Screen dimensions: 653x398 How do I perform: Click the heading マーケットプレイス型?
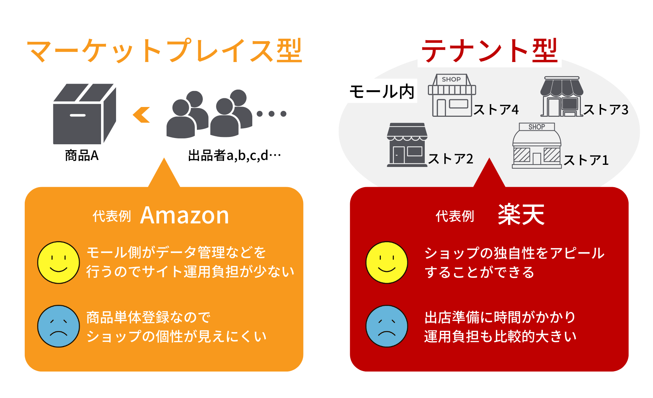(164, 51)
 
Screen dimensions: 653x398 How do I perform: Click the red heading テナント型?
(490, 51)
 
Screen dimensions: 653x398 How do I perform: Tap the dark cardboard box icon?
(85, 114)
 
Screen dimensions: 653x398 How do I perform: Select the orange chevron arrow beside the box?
(141, 115)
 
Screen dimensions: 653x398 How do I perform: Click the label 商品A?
(82, 155)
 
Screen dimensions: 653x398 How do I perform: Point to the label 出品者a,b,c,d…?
(235, 155)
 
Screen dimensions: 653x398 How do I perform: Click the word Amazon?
(185, 215)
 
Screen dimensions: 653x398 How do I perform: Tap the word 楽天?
(521, 215)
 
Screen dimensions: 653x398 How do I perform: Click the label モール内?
(382, 91)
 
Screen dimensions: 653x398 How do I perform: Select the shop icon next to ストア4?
(452, 95)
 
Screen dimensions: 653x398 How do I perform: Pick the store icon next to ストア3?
(562, 97)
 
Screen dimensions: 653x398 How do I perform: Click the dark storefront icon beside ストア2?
(407, 145)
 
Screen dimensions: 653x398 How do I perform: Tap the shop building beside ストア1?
(537, 146)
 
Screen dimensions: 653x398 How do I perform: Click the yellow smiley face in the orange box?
(59, 262)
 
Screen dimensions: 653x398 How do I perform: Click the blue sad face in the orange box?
(59, 326)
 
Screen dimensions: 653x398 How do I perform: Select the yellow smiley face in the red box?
(387, 262)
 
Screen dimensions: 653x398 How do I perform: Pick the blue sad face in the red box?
(387, 326)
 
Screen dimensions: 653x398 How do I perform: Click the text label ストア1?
(586, 160)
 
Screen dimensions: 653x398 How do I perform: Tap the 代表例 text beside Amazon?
(112, 216)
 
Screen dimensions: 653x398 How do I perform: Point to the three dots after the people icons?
(271, 114)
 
